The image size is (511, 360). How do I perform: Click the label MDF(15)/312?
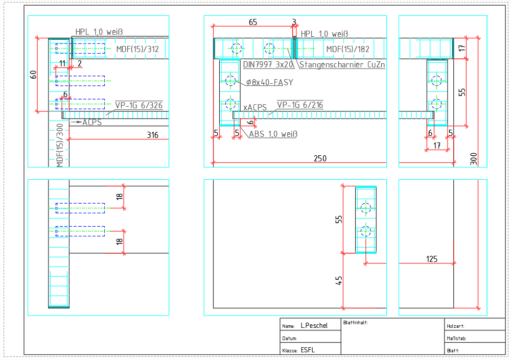(137, 49)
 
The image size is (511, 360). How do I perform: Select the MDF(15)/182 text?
(347, 50)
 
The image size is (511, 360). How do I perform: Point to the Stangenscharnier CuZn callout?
(342, 65)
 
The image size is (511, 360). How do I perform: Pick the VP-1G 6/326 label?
(138, 106)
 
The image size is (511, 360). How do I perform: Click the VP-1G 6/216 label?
(300, 105)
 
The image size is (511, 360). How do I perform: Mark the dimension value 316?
(152, 135)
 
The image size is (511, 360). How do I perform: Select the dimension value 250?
(320, 159)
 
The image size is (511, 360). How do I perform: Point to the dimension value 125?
(431, 259)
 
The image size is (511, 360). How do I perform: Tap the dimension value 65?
(252, 22)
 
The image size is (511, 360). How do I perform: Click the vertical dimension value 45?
(339, 281)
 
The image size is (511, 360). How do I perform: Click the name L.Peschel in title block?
(314, 325)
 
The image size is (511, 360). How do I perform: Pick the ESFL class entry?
(308, 350)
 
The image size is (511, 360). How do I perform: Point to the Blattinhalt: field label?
(356, 323)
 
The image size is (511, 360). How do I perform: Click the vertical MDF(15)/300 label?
(59, 145)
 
